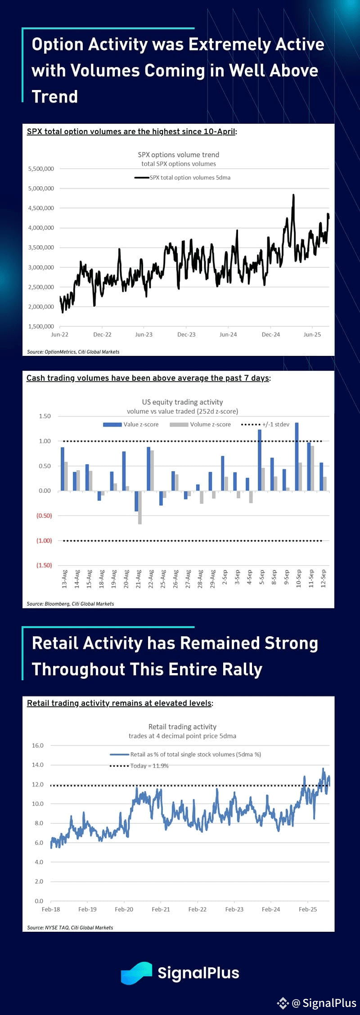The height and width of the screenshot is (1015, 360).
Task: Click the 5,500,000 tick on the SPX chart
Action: click(41, 169)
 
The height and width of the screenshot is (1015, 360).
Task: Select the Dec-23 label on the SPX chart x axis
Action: click(186, 334)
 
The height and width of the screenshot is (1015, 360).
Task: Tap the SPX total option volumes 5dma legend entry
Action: click(182, 178)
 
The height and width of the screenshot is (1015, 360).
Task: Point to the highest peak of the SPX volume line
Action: click(293, 195)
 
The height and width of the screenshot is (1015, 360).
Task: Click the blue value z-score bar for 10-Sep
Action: click(297, 457)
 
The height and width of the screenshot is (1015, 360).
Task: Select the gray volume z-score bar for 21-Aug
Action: click(140, 507)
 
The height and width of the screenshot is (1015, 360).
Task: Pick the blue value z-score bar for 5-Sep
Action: click(260, 460)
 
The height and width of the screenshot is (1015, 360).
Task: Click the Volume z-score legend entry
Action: click(200, 424)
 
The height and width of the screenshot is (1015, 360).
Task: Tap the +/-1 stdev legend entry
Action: click(265, 424)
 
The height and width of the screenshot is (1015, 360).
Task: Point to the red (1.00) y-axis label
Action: click(44, 540)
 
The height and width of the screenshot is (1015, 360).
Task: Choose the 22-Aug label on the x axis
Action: click(151, 579)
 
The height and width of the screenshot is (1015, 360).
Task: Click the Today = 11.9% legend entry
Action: click(139, 766)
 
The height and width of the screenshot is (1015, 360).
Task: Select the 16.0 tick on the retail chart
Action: click(37, 746)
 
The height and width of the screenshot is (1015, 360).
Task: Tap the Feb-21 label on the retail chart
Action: click(161, 909)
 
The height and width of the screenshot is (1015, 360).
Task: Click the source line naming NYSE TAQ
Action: click(70, 927)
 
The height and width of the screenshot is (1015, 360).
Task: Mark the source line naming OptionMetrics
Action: click(73, 352)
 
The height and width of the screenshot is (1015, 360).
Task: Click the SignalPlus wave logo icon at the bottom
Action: click(136, 973)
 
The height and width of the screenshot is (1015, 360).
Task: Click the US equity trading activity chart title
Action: click(182, 402)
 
